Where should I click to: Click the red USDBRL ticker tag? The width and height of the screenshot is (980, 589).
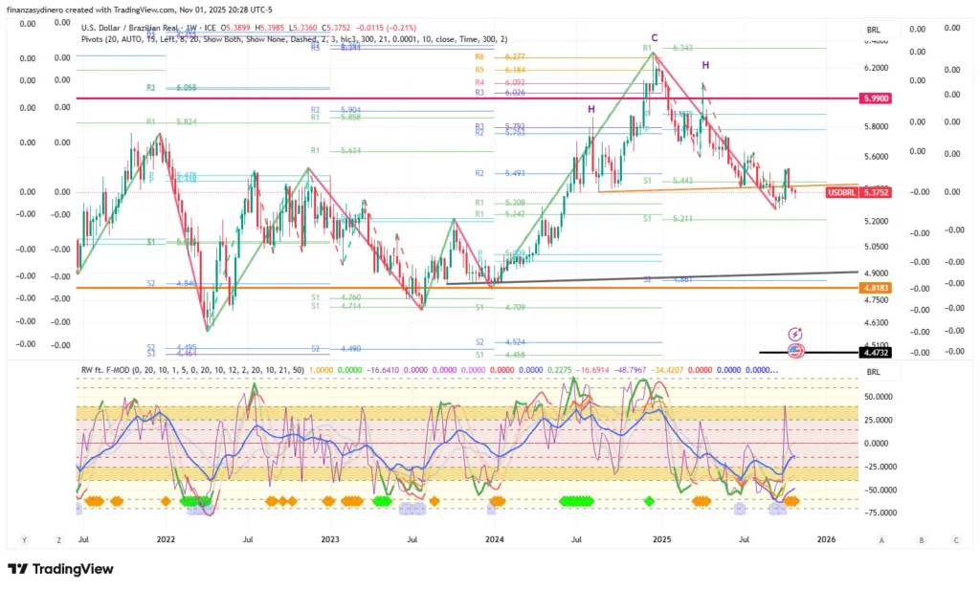click(x=840, y=192)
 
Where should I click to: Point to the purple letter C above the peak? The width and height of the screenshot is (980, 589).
click(x=655, y=38)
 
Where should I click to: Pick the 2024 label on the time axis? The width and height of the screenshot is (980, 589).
click(x=495, y=539)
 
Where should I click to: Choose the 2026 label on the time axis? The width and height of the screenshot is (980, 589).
click(x=826, y=539)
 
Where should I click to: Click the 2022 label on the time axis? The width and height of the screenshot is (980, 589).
click(x=166, y=539)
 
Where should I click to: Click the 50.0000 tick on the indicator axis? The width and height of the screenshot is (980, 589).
click(x=880, y=395)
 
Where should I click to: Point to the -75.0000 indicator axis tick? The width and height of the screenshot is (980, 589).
click(x=880, y=513)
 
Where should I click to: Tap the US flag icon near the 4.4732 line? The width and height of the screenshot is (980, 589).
click(x=795, y=351)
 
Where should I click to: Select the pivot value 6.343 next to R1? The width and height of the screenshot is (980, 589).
click(x=682, y=48)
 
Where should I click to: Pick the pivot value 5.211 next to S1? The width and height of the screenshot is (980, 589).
click(x=682, y=219)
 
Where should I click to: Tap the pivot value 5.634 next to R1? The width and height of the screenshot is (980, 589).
click(x=351, y=151)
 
